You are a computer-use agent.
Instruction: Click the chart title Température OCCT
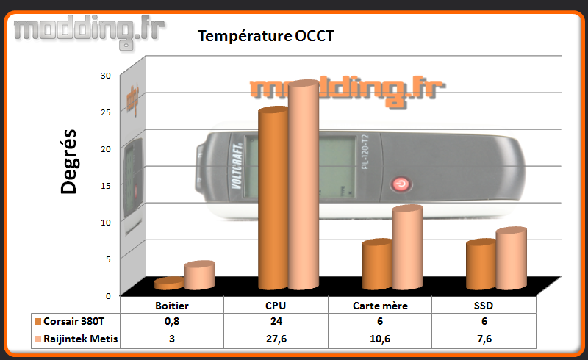point(266,36)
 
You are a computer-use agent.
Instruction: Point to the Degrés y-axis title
point(68,162)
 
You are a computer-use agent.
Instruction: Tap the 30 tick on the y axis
point(106,76)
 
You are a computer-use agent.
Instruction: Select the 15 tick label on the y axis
point(106,186)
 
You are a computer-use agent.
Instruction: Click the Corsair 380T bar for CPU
point(273,198)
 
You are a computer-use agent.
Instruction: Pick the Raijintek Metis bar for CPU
point(304,184)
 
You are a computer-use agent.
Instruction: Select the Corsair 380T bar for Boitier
point(169,284)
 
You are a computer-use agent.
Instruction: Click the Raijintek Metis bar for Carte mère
point(408,247)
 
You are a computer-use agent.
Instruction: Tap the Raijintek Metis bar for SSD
point(511,258)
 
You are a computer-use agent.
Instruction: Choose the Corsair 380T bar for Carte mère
point(377,264)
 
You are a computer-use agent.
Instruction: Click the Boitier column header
point(172,306)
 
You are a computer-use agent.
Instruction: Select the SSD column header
point(484,306)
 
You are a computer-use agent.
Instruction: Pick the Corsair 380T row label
point(74,321)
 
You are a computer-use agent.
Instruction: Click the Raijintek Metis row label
point(80,339)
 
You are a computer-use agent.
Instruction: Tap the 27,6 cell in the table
point(276,339)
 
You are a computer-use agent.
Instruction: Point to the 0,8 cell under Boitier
point(172,321)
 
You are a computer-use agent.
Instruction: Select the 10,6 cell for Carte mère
point(380,339)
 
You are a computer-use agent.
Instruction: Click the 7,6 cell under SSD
point(484,339)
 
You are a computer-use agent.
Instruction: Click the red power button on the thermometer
point(401,184)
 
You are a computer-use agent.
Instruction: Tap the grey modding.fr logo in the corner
point(89,31)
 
